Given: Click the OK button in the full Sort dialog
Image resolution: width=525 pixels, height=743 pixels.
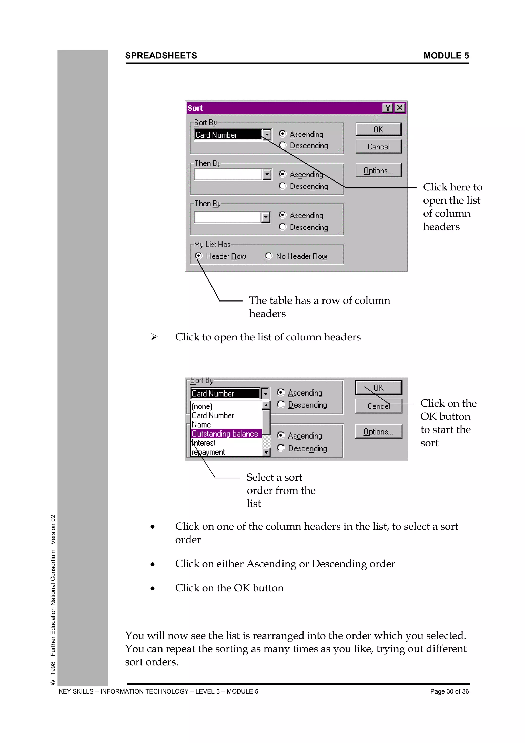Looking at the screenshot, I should click(x=378, y=129).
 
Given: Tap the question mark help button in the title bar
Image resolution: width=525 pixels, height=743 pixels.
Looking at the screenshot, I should click(x=388, y=108).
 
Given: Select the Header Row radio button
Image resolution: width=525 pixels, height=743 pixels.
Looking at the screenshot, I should click(x=199, y=256).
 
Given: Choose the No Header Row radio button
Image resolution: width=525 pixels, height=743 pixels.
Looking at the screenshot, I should click(x=268, y=256).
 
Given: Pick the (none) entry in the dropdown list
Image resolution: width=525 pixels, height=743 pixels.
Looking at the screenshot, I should click(x=202, y=406).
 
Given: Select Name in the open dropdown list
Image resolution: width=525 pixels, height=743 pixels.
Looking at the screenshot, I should click(x=201, y=425).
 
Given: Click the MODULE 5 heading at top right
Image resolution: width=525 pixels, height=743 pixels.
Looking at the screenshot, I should click(x=446, y=56).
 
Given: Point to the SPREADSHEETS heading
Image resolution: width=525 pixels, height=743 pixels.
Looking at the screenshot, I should click(x=161, y=56).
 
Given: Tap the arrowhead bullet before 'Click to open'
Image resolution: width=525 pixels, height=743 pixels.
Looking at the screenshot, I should click(x=154, y=337).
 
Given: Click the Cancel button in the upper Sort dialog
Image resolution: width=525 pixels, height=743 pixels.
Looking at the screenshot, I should click(x=378, y=147).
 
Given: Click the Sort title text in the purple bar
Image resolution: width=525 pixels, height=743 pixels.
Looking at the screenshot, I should click(x=195, y=108).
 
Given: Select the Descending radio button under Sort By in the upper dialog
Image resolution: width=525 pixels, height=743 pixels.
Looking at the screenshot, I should click(x=283, y=145).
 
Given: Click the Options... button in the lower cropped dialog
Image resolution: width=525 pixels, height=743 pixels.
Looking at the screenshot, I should click(x=378, y=431).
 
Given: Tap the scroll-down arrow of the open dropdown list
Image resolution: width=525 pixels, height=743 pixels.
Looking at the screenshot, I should click(x=266, y=452).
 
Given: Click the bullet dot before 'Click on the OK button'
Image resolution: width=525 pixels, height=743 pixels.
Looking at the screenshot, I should click(x=152, y=588).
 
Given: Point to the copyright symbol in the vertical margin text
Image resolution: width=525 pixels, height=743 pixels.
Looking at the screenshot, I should click(x=53, y=683).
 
